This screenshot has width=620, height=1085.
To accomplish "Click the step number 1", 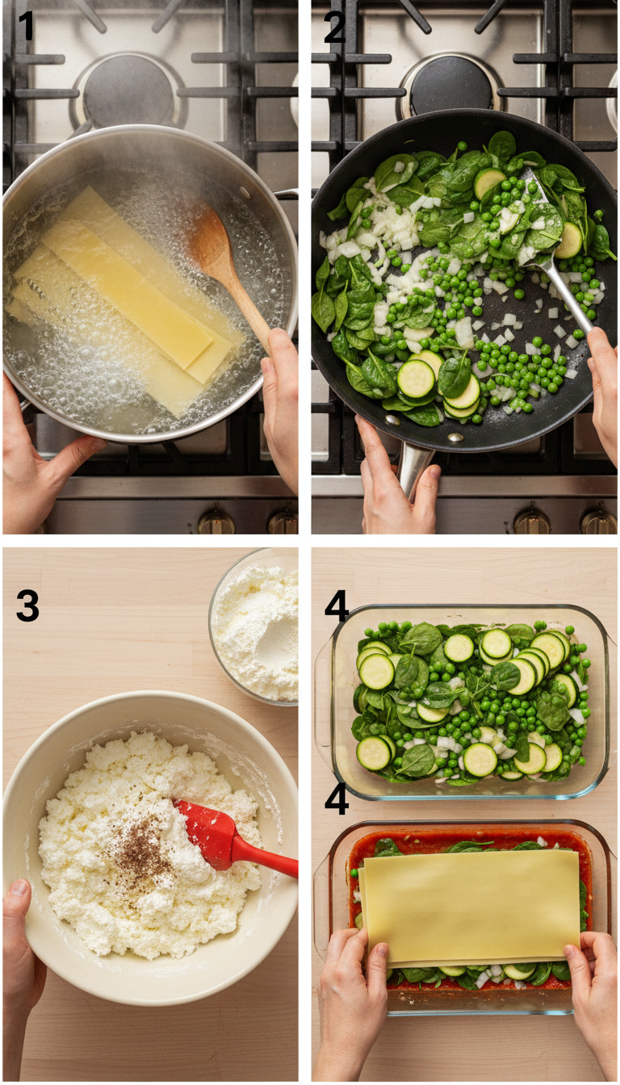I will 26,27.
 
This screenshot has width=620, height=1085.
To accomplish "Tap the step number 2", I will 334,28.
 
